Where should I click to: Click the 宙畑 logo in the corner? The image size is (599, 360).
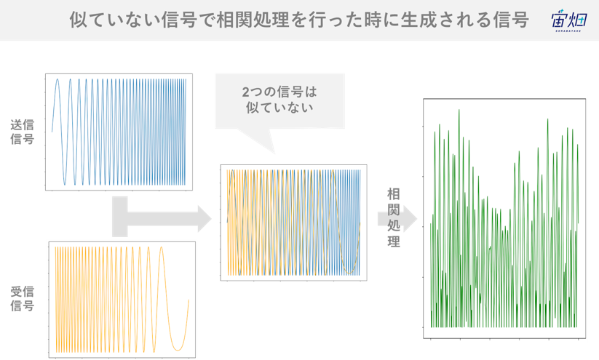click(568, 20)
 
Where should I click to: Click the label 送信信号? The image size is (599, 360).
click(22, 132)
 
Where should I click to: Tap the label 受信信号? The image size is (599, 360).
click(22, 298)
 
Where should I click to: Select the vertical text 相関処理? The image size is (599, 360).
click(394, 217)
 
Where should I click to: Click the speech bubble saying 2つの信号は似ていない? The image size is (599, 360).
click(280, 101)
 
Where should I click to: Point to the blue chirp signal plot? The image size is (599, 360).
click(119, 132)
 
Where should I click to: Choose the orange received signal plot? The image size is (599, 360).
click(122, 300)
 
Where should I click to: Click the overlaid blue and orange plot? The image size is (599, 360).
click(293, 223)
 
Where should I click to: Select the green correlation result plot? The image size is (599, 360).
click(504, 218)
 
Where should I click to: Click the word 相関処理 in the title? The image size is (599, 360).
click(253, 20)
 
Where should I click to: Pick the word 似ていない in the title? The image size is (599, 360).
click(114, 20)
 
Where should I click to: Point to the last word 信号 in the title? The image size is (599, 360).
click(511, 20)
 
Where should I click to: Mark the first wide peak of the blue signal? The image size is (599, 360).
click(57, 80)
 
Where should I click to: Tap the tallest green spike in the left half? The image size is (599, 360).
click(459, 111)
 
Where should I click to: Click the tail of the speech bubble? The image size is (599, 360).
click(257, 140)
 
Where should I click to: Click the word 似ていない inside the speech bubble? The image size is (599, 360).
click(279, 108)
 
